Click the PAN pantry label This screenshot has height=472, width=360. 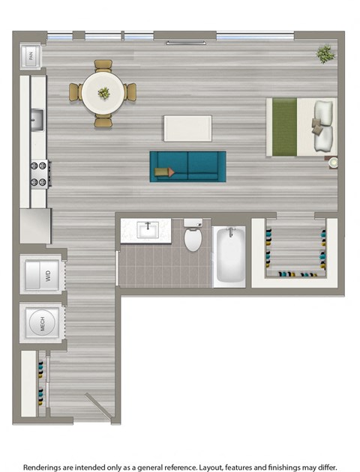[31, 54]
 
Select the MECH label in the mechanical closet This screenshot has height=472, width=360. [43, 324]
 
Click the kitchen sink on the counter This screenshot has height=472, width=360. [37, 118]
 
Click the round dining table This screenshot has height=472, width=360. [103, 92]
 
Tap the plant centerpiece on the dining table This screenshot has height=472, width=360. [103, 93]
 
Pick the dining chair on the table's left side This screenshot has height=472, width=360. [75, 92]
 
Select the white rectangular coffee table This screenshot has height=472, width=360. [187, 128]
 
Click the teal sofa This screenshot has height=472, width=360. [187, 166]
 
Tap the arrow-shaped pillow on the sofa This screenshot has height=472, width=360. [164, 172]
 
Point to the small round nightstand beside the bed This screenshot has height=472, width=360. [332, 162]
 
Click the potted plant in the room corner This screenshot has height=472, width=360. [325, 53]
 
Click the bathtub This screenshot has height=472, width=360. [229, 256]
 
